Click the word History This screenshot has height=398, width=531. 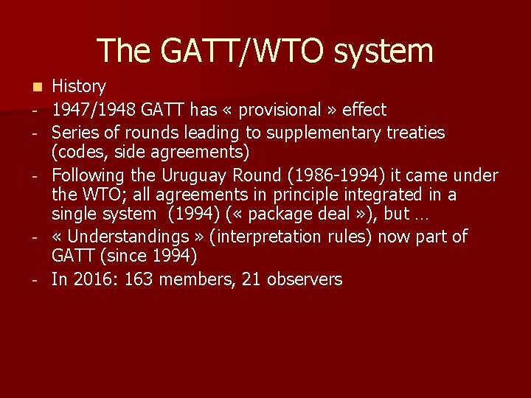tap(79, 87)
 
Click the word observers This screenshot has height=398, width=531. tap(305, 279)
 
